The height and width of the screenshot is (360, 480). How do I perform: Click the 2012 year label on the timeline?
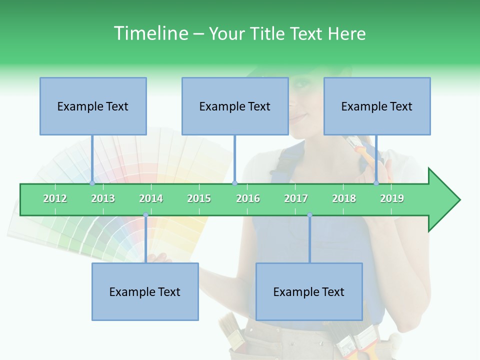point(55,198)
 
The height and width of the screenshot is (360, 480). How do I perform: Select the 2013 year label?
point(103,198)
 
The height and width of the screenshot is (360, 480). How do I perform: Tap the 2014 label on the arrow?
point(151,198)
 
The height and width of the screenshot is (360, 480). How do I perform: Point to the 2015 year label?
point(199,198)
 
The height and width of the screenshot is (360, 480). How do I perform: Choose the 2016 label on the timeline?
point(248,198)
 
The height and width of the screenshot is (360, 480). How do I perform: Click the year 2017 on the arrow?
point(296,198)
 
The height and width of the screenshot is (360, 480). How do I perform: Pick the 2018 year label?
point(344,198)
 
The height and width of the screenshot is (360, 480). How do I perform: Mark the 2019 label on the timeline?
point(392,198)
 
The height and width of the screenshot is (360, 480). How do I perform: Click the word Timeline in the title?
point(150,33)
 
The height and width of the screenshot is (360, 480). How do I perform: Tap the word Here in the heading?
point(346,33)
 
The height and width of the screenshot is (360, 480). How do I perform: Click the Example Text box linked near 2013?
point(93,106)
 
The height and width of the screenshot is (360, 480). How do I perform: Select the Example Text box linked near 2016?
point(235,106)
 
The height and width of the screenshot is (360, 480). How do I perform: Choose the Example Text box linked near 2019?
point(377,106)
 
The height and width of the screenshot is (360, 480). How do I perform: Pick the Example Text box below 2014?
point(145,291)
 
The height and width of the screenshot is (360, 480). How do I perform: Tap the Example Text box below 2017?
point(309,291)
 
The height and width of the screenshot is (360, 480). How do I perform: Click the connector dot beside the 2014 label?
point(145,215)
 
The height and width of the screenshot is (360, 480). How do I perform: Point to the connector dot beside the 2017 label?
point(309,215)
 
